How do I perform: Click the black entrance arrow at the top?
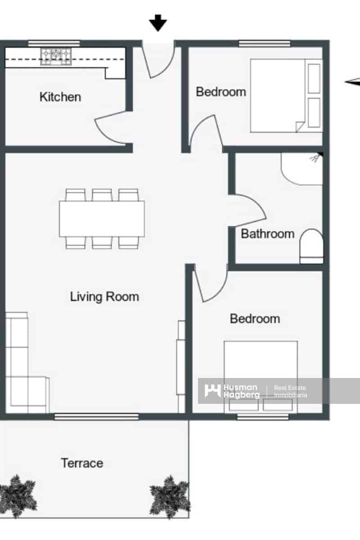click(x=158, y=22)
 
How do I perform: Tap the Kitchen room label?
click(x=60, y=97)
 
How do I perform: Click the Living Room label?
click(x=104, y=297)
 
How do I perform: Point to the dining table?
click(x=102, y=219)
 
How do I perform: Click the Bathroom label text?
click(x=268, y=234)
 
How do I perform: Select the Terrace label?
click(x=82, y=463)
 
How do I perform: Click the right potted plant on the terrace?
click(x=170, y=496)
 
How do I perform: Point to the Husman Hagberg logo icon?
click(x=212, y=390)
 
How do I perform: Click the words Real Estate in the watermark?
click(x=290, y=387)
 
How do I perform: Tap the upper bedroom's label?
click(x=221, y=92)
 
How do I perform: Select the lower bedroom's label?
click(x=255, y=319)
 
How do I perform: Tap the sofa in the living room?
click(x=22, y=364)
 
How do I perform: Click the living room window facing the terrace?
click(x=97, y=417)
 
